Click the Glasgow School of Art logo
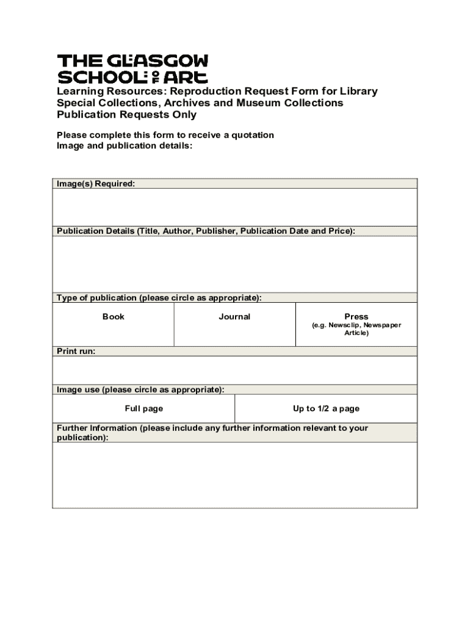point(132,68)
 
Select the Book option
point(114,316)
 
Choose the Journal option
point(234,316)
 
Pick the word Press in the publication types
point(356,316)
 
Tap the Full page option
point(144,408)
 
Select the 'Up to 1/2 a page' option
point(326,408)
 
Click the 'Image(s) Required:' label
point(96,184)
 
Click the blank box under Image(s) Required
point(235,207)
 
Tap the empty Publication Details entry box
point(235,264)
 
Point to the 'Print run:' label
point(76,351)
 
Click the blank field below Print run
point(235,370)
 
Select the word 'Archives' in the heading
point(181,103)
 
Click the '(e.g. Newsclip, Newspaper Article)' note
point(356,329)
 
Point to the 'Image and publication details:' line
point(125,146)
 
